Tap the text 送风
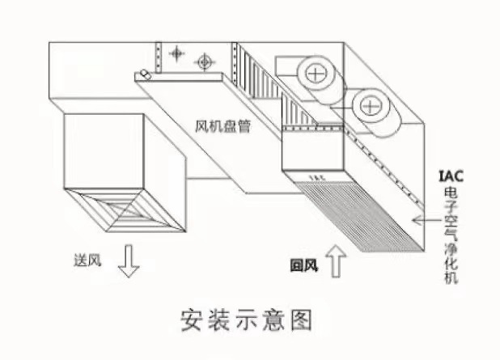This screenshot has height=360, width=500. [x=84, y=260]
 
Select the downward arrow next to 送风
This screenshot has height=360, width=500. [x=126, y=261]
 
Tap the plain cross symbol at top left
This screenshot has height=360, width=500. [x=176, y=54]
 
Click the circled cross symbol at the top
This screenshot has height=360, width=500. [x=205, y=60]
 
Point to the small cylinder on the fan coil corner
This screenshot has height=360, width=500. [x=144, y=74]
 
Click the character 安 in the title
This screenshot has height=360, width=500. [x=193, y=320]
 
